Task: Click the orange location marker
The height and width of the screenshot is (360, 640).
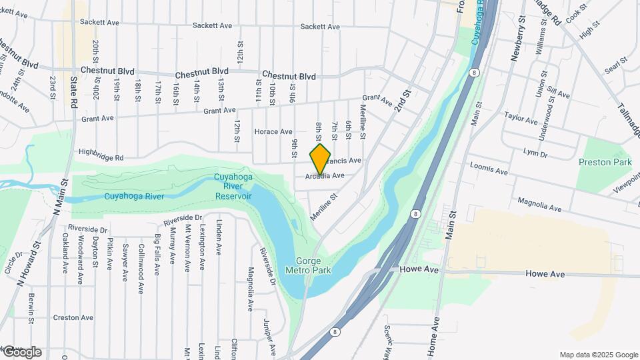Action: (321, 159)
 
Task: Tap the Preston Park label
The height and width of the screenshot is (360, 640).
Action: (605, 162)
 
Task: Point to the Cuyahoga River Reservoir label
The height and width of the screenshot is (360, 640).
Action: (233, 187)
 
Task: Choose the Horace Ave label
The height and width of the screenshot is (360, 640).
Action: (273, 131)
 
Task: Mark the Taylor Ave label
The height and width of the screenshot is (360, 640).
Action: (521, 118)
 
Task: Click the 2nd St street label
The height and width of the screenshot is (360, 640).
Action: (402, 102)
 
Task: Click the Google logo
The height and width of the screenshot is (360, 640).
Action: (22, 352)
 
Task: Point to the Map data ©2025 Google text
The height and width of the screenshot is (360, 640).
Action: (598, 355)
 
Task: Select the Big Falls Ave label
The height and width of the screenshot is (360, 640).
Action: (157, 254)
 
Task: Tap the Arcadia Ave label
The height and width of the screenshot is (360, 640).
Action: (325, 176)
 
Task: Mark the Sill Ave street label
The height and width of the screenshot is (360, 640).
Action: (559, 94)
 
